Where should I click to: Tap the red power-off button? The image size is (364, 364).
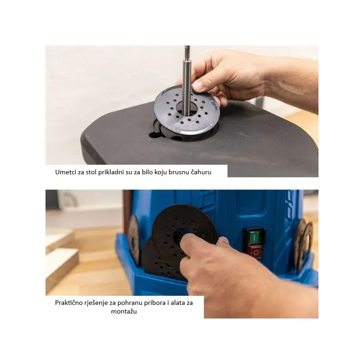pos(255,252)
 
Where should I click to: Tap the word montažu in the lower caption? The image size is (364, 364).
pos(124,311)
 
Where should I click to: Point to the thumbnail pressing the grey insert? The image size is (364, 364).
pos(198,86)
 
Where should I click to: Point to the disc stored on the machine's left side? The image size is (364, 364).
pos(134,240)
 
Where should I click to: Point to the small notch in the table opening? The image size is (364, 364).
pos(154,134)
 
